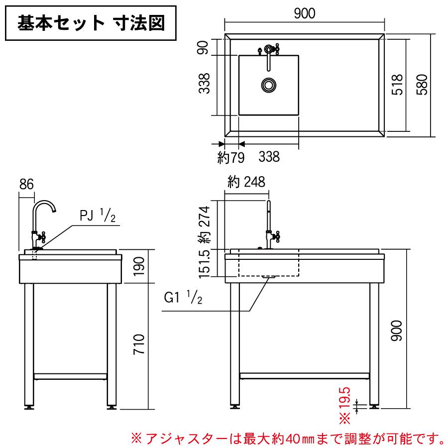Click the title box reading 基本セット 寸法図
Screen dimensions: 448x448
[x=92, y=23]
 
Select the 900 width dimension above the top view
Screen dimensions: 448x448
[x=304, y=14]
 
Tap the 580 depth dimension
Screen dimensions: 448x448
[x=422, y=85]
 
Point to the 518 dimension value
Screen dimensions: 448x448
[x=397, y=85]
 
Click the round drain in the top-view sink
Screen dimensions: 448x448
[x=269, y=85]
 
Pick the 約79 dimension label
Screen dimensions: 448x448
[x=230, y=158]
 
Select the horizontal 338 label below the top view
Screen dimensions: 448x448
[x=269, y=157]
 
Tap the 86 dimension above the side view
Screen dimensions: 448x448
[x=26, y=184]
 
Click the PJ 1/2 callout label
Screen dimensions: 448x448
[x=98, y=216]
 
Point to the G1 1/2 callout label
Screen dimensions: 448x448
[x=183, y=298]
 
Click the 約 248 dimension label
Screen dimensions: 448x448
[x=246, y=182]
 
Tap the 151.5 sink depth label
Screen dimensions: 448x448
[x=204, y=263]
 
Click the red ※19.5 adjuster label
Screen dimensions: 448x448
[x=345, y=404]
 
